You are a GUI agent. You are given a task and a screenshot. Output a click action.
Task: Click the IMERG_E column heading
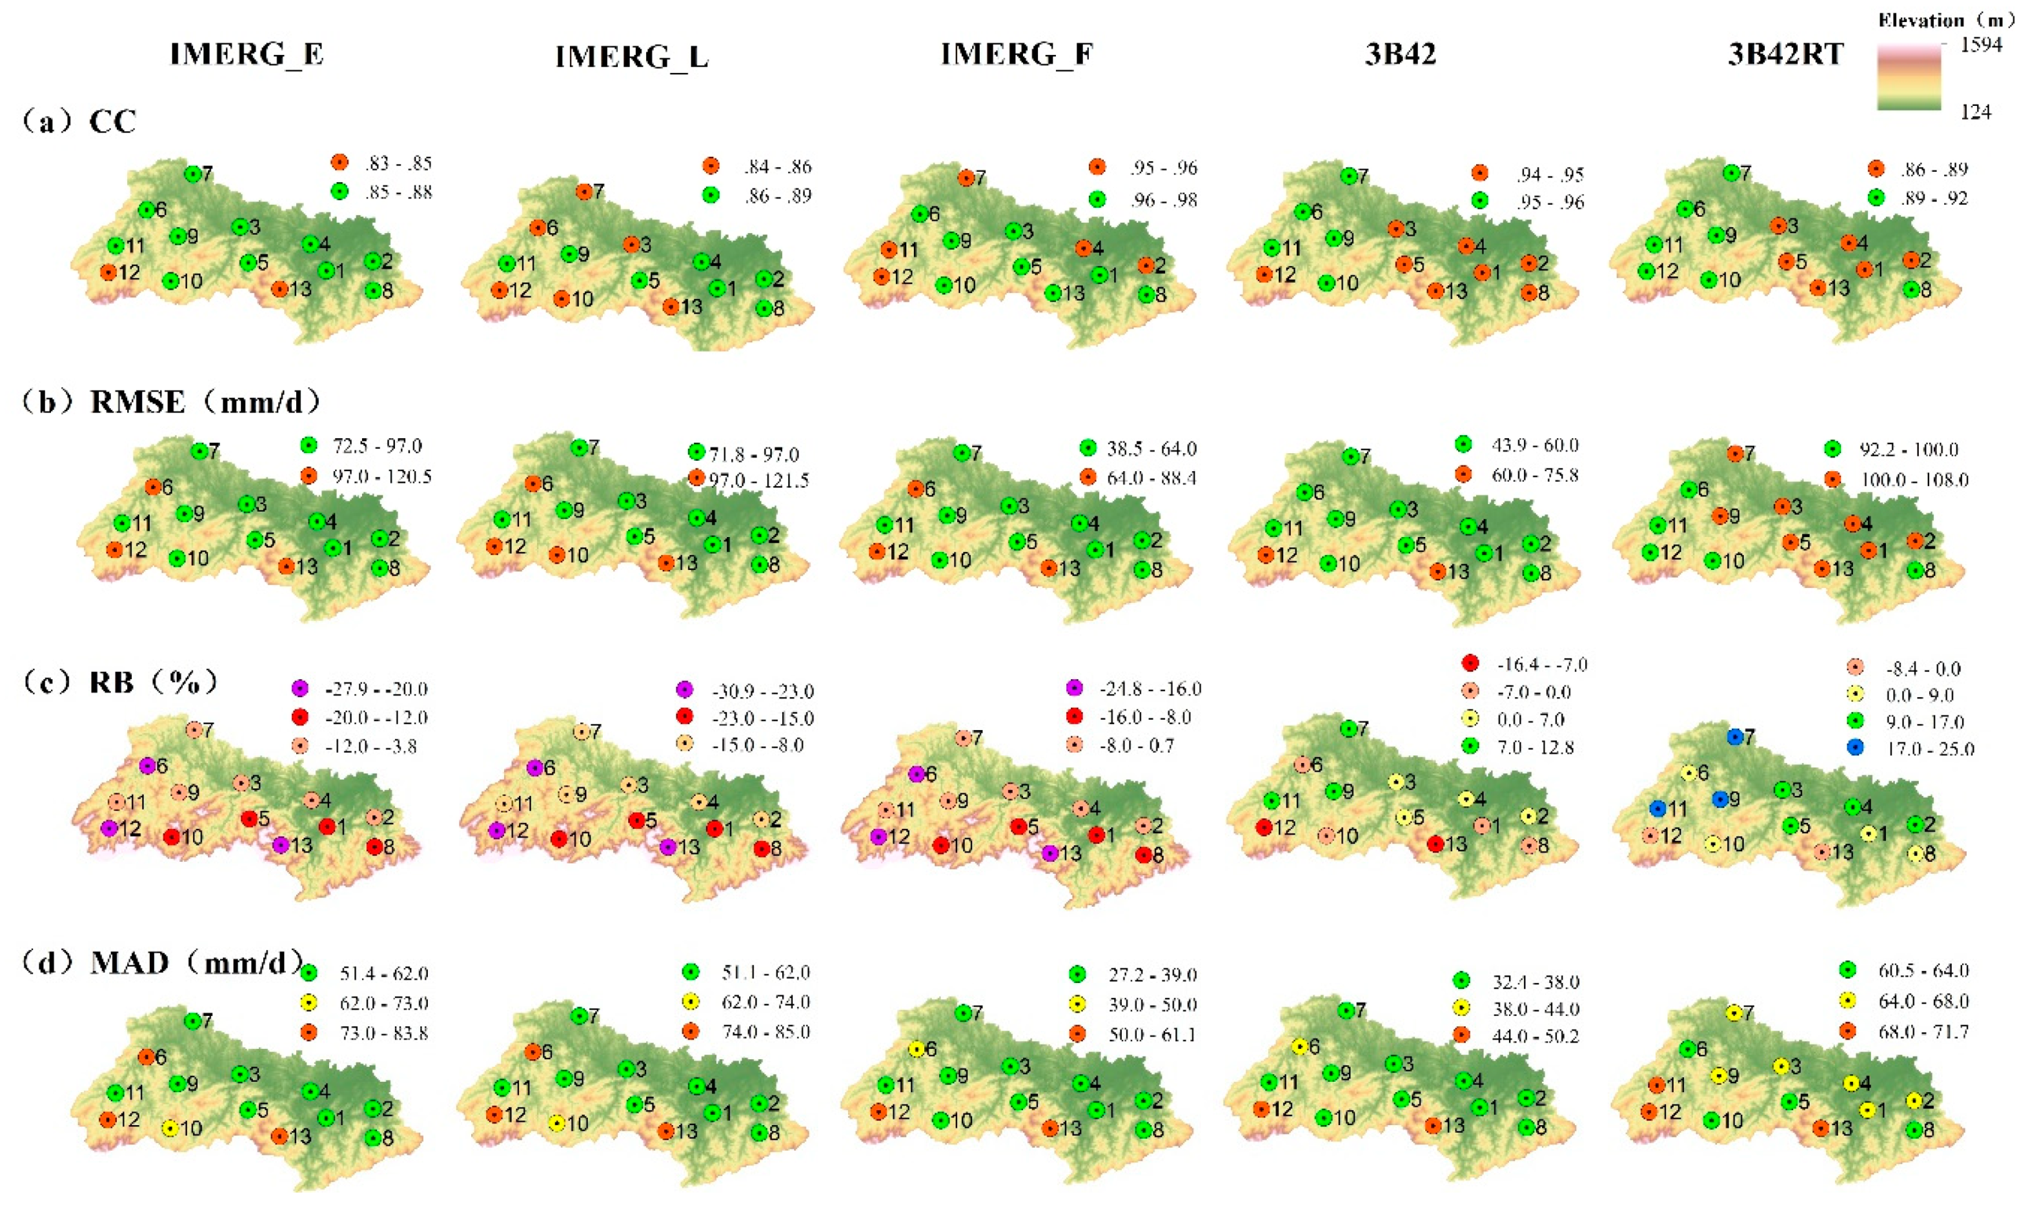pos(247,54)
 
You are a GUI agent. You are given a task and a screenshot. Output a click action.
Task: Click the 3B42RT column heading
pos(1785,54)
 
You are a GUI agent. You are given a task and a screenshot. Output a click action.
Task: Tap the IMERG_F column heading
pos(1017,54)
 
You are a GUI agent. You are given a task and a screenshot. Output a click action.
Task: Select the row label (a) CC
pos(79,122)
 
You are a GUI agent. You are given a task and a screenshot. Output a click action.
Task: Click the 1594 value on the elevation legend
pos(1981,45)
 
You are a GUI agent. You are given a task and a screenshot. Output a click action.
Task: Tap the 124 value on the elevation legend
pos(1976,112)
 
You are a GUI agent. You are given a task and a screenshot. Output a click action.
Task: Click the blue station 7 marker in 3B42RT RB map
pos(1736,737)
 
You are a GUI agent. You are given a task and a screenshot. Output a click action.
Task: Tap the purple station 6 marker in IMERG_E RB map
pos(147,766)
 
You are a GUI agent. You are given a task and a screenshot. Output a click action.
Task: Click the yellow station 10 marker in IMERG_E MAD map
pos(169,1128)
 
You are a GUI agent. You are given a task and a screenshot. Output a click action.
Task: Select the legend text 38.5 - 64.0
pos(1151,449)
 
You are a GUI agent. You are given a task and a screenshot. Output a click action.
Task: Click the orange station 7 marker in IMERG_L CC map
pos(584,192)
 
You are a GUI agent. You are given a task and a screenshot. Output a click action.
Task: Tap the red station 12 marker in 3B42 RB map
pos(1264,828)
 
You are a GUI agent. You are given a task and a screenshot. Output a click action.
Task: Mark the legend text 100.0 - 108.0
pos(1914,480)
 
